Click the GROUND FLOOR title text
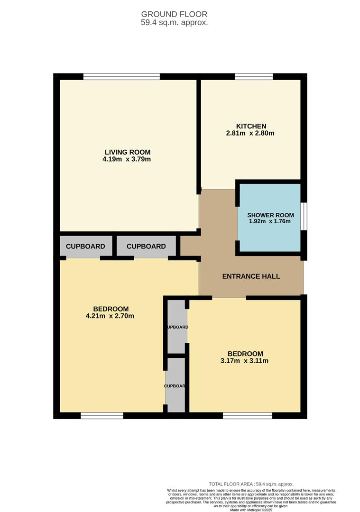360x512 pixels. pyautogui.click(x=174, y=14)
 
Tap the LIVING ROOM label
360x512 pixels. pyautogui.click(x=128, y=152)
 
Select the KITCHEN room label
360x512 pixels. pyautogui.click(x=251, y=126)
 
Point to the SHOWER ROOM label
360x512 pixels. pyautogui.click(x=269, y=215)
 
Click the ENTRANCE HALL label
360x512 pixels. pyautogui.click(x=251, y=276)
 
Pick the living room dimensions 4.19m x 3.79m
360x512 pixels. pyautogui.click(x=127, y=159)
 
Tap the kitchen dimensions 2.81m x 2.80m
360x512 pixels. pyautogui.click(x=250, y=133)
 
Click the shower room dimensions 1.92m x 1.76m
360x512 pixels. pyautogui.click(x=269, y=221)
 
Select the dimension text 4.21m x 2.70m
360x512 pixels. pyautogui.click(x=111, y=316)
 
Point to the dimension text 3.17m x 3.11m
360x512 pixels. pyautogui.click(x=245, y=361)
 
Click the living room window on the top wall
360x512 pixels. pyautogui.click(x=121, y=76)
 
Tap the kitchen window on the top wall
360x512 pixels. pyautogui.click(x=254, y=76)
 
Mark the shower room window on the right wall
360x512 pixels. pyautogui.click(x=304, y=217)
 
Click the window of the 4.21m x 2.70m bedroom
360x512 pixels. pyautogui.click(x=102, y=416)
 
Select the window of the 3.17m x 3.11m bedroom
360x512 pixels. pyautogui.click(x=248, y=416)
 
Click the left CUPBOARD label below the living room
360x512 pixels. pyautogui.click(x=85, y=247)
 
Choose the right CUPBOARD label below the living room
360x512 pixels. pyautogui.click(x=146, y=247)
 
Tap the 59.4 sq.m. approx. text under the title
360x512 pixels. pyautogui.click(x=174, y=22)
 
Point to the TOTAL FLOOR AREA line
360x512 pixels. pyautogui.click(x=251, y=484)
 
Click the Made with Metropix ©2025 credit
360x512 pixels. pyautogui.click(x=251, y=510)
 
